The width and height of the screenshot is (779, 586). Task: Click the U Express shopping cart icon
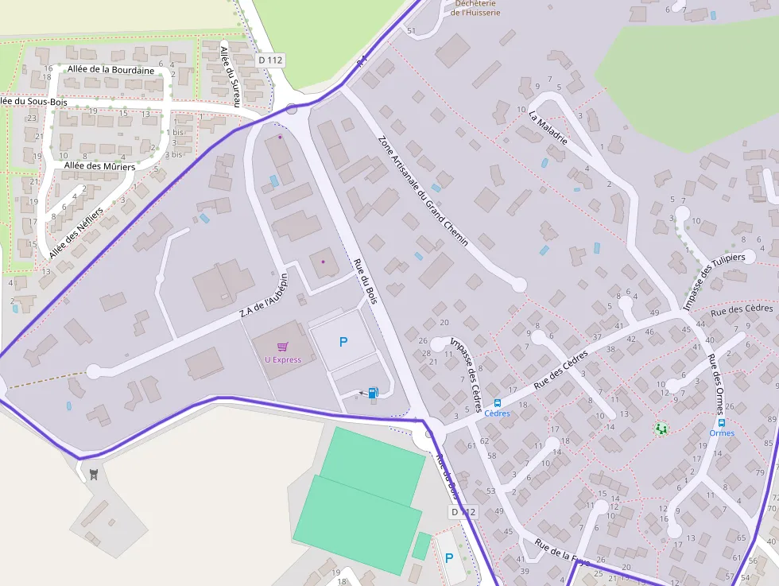pyautogui.click(x=282, y=346)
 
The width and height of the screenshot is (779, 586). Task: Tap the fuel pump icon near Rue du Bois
pyautogui.click(x=373, y=392)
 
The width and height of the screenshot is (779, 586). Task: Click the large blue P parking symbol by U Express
pyautogui.click(x=343, y=342)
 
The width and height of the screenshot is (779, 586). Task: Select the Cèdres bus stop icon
pyautogui.click(x=498, y=402)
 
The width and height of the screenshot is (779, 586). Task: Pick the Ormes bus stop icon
pyautogui.click(x=722, y=423)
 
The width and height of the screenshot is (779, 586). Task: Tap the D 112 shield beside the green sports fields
pyautogui.click(x=463, y=512)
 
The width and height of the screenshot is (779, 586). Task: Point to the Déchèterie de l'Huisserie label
pyautogui.click(x=475, y=8)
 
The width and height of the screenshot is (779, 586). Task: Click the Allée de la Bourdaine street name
pyautogui.click(x=111, y=70)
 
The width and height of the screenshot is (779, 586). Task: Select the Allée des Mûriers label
pyautogui.click(x=100, y=166)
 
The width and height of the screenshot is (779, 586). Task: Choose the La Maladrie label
pyautogui.click(x=548, y=126)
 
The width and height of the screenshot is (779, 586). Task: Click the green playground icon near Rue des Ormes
pyautogui.click(x=661, y=429)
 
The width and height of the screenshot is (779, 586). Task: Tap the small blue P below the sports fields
pyautogui.click(x=449, y=557)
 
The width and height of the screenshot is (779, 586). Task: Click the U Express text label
pyautogui.click(x=283, y=360)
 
